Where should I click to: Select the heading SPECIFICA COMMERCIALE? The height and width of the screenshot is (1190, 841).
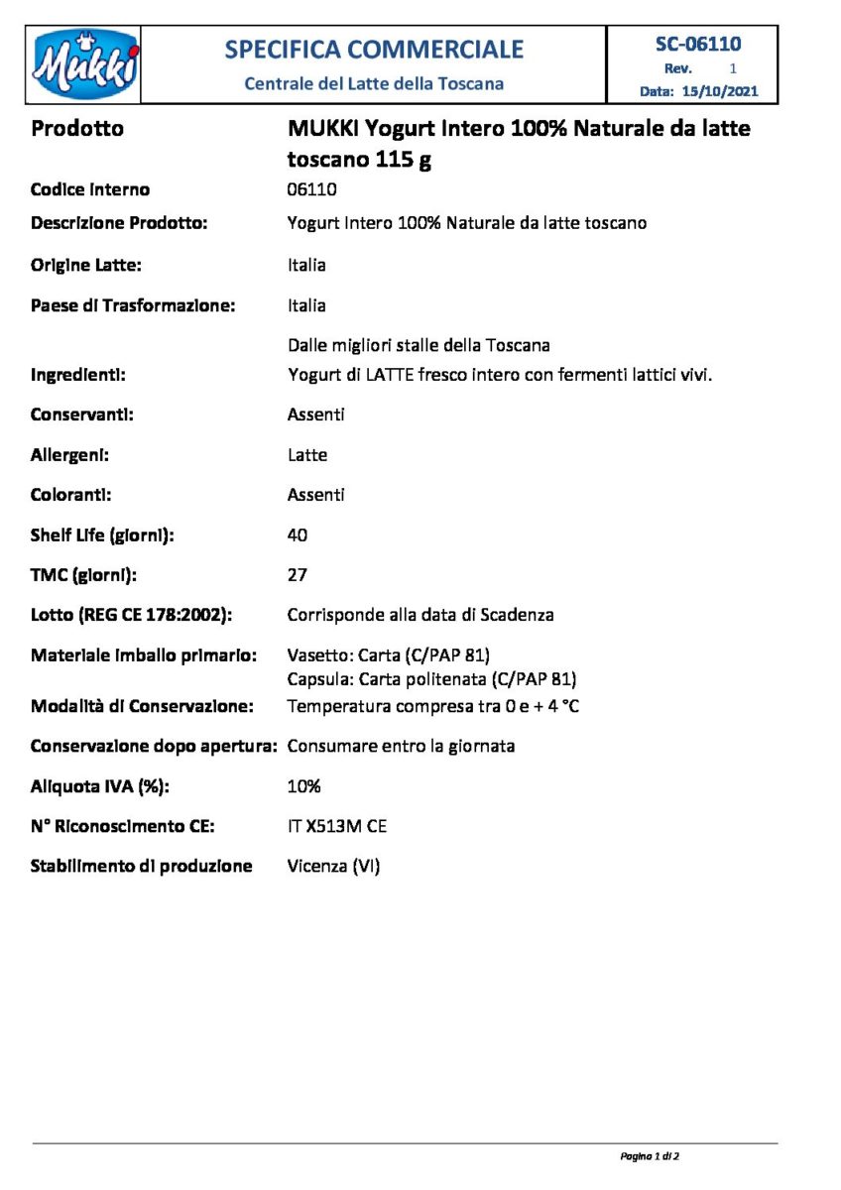[374, 49]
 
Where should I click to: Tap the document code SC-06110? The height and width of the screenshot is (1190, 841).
[698, 44]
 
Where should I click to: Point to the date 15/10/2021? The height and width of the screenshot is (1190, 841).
[720, 91]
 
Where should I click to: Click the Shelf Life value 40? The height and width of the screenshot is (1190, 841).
[298, 535]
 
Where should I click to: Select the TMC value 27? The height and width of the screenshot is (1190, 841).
[298, 575]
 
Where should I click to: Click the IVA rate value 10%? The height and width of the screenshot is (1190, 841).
[304, 786]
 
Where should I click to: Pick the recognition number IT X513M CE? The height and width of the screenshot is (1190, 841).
[337, 826]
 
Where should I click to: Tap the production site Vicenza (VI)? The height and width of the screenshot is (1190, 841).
[334, 866]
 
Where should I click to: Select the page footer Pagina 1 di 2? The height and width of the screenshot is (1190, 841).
[650, 1156]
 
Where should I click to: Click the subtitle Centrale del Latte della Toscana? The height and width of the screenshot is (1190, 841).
[374, 83]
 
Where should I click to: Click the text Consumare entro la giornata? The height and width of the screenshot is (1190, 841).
[401, 746]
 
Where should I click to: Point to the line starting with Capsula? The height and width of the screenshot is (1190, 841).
[432, 679]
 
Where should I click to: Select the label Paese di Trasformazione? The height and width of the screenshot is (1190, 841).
[133, 305]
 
